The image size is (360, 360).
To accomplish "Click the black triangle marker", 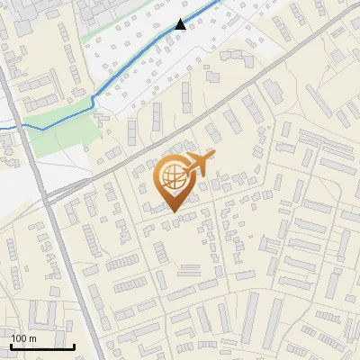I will pos(181,24).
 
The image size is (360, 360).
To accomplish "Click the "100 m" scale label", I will pos(23,337).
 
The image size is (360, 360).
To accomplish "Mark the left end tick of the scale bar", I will pos(11,345).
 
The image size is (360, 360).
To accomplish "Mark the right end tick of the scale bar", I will pos(74,345).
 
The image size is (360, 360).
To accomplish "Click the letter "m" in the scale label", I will pos(32,337).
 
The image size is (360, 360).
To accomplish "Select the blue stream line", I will pos(135,63).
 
